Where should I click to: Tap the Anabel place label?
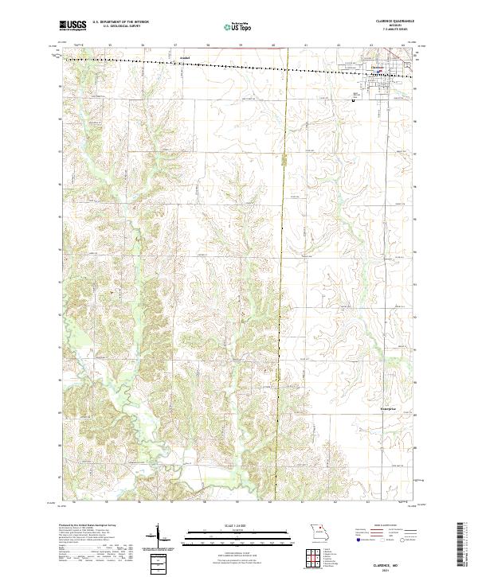(185, 58)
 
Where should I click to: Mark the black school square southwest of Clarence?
(353, 100)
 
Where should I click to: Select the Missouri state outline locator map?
(319, 530)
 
